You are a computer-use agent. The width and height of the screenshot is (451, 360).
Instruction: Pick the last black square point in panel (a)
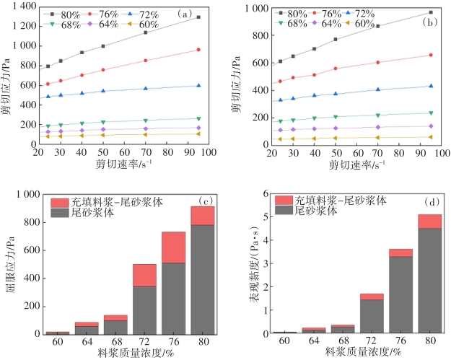coord(198,17)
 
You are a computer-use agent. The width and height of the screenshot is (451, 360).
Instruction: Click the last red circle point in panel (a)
coord(198,50)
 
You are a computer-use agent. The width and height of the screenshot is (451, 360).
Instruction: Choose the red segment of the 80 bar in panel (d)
coord(430,221)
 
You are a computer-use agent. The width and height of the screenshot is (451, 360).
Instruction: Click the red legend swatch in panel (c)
coord(60,203)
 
